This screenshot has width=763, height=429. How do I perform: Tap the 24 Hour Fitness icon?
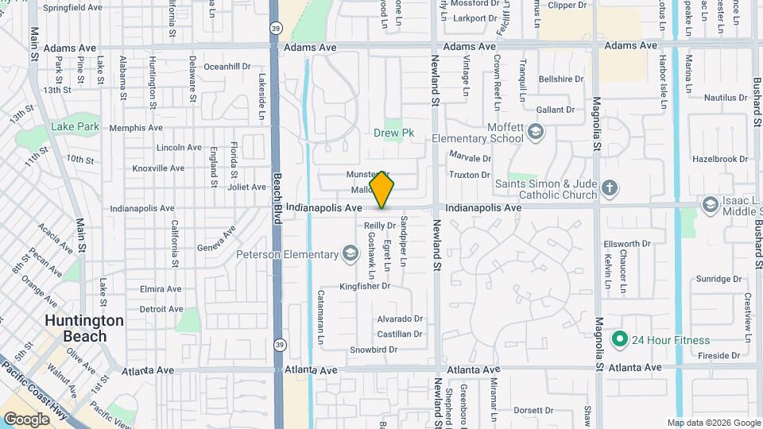tap(620, 340)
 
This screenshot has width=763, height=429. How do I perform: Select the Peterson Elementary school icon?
tap(349, 254)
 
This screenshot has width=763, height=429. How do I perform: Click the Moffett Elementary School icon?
tap(535, 132)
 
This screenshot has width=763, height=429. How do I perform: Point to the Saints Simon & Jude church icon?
tap(610, 188)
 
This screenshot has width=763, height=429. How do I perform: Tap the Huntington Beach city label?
tap(84, 328)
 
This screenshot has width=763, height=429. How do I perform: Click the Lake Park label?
tap(75, 126)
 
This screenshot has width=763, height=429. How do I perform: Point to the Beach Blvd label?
tap(277, 199)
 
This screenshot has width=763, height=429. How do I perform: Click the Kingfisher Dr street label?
tap(365, 286)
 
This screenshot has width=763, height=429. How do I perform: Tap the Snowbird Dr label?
tap(373, 350)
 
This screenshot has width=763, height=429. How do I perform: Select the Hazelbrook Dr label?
tap(721, 159)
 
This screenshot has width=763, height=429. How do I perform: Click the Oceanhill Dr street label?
tap(227, 67)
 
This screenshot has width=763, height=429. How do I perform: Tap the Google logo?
tap(26, 419)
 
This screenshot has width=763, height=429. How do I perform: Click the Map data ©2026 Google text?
tap(714, 423)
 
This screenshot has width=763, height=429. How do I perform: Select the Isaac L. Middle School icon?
tap(710, 206)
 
